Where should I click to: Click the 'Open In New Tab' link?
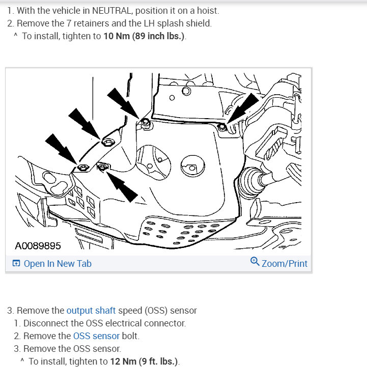click(57, 264)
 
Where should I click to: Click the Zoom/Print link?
click(284, 264)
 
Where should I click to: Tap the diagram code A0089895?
click(38, 246)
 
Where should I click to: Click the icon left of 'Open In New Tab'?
click(16, 264)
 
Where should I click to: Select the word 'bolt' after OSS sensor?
click(130, 336)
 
